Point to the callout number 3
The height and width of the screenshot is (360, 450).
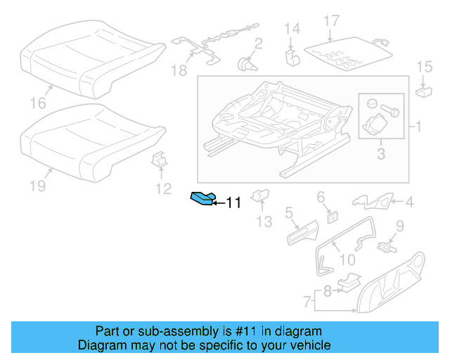tap(380, 154)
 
